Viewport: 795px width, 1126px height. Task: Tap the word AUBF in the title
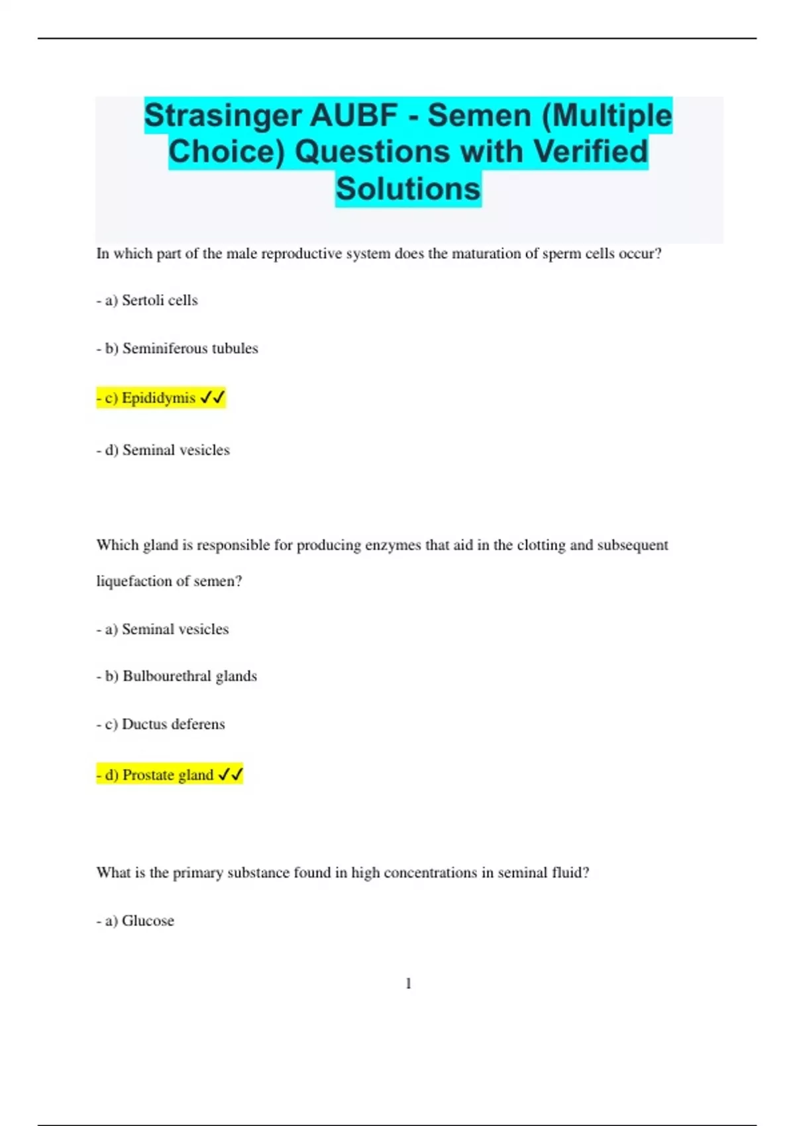pyautogui.click(x=354, y=116)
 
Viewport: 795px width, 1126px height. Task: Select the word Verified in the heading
pyautogui.click(x=590, y=152)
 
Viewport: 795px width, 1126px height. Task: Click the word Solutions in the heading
pyautogui.click(x=408, y=189)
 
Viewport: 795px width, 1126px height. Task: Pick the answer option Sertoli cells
pyautogui.click(x=159, y=301)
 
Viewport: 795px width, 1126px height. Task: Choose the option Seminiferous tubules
pyautogui.click(x=189, y=348)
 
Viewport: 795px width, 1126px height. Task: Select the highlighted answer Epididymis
pyautogui.click(x=158, y=398)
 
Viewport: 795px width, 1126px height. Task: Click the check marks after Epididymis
pyautogui.click(x=212, y=397)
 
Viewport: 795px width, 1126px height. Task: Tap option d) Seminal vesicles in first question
pyautogui.click(x=176, y=450)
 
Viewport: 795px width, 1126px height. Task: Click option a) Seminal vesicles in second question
pyautogui.click(x=175, y=629)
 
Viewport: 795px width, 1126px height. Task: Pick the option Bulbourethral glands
pyautogui.click(x=189, y=676)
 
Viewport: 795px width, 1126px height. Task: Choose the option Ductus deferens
pyautogui.click(x=173, y=724)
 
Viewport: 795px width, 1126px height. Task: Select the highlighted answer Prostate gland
pyautogui.click(x=168, y=775)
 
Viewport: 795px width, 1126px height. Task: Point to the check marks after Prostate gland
pyautogui.click(x=230, y=774)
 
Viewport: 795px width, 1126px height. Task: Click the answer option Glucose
pyautogui.click(x=148, y=921)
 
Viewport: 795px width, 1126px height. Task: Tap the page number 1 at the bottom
pyautogui.click(x=408, y=984)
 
